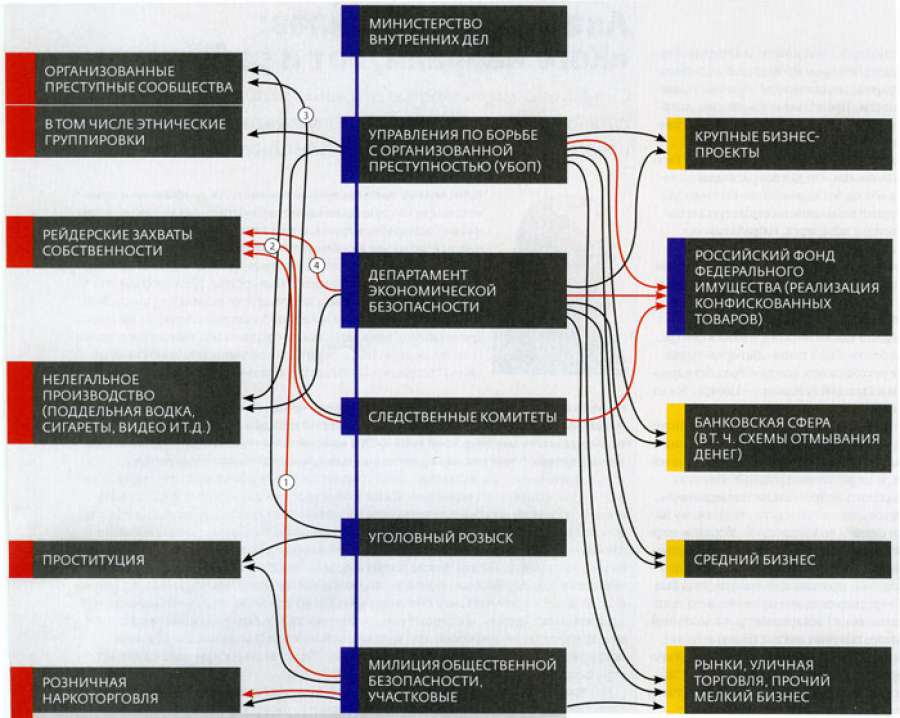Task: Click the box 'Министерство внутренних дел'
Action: [x=455, y=31]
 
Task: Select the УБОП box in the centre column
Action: [x=455, y=149]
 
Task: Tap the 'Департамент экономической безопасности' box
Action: [x=455, y=290]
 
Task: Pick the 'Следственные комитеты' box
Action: [x=455, y=417]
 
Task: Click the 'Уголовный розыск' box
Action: [x=455, y=537]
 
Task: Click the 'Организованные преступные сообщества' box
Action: [x=125, y=79]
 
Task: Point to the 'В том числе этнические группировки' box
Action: [x=125, y=132]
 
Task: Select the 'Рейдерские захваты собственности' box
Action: [x=125, y=242]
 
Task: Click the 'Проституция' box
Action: [x=125, y=559]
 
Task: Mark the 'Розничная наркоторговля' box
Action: [x=125, y=689]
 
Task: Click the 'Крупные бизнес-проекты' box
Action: [x=780, y=144]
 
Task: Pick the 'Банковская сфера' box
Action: [x=780, y=438]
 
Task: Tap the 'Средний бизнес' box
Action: [x=780, y=558]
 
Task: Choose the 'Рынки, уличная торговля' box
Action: [x=780, y=681]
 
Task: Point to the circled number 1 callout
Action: [x=285, y=481]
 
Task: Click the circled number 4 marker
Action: [x=315, y=265]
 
